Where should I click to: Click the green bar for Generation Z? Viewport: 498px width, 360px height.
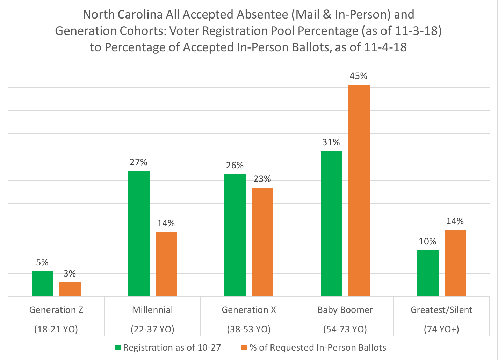click(x=42, y=284)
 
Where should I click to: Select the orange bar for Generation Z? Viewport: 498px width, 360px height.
click(x=70, y=289)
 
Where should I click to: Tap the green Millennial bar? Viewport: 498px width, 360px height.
click(x=139, y=234)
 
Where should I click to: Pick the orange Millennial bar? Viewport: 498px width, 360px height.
click(x=166, y=264)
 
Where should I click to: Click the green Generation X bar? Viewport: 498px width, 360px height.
click(x=235, y=235)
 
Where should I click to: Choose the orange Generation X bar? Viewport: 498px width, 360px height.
click(x=262, y=242)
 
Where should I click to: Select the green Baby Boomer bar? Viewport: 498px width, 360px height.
click(x=331, y=223)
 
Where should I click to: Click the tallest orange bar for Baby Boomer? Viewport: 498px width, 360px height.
click(x=359, y=190)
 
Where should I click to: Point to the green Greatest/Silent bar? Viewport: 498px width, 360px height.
click(x=428, y=273)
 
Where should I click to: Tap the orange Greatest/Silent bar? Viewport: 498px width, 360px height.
click(x=455, y=263)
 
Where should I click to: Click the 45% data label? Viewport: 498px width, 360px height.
click(x=359, y=76)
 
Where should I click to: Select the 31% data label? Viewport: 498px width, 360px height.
click(x=331, y=142)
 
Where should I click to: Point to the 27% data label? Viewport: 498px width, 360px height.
click(x=139, y=162)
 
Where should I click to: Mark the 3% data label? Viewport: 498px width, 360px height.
click(x=70, y=274)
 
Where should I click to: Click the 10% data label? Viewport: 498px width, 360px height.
click(x=427, y=242)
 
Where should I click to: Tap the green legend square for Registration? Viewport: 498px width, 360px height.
click(x=118, y=347)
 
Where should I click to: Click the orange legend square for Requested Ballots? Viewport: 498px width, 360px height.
click(x=244, y=347)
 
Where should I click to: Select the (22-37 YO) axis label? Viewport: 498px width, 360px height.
click(x=152, y=329)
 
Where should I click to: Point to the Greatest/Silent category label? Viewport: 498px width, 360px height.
click(x=441, y=310)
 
